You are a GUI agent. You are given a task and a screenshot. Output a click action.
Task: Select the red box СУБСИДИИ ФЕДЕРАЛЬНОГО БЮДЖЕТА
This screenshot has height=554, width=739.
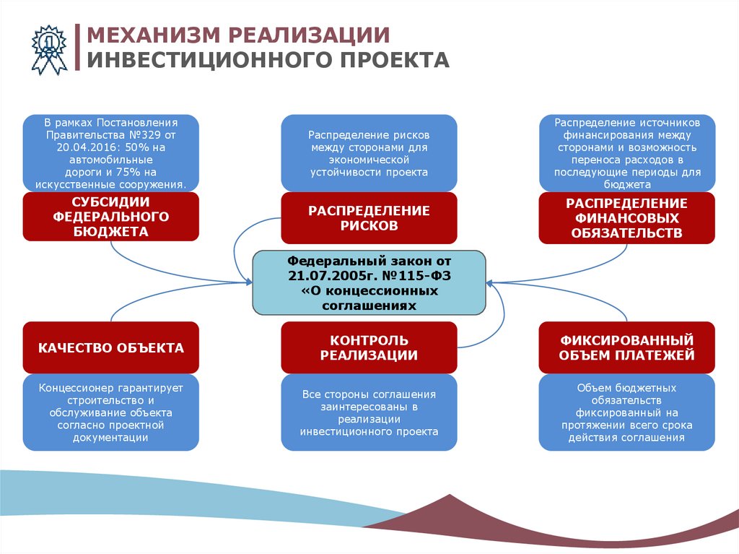(x=110, y=216)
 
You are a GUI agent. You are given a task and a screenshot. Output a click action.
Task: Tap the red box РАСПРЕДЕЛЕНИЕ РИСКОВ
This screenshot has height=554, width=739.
(x=369, y=217)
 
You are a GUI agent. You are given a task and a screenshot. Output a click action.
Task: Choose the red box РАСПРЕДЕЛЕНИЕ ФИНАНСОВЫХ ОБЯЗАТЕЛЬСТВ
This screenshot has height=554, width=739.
(x=626, y=217)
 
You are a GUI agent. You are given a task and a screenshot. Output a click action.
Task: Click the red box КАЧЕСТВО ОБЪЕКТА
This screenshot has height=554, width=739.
(x=110, y=348)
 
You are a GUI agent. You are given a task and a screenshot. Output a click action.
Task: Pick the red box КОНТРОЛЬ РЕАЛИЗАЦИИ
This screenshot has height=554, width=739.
(x=369, y=347)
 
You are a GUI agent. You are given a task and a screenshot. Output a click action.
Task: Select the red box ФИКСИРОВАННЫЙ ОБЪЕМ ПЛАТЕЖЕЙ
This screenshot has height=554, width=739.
(x=626, y=347)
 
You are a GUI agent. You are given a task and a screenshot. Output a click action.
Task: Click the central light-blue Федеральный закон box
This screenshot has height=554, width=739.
(x=369, y=282)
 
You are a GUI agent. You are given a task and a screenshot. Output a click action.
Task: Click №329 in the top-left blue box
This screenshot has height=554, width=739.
(x=147, y=134)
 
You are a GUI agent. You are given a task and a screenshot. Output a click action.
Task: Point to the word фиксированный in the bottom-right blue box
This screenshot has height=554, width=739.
(x=626, y=412)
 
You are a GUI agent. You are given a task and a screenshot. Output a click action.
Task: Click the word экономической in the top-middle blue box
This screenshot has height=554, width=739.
(x=369, y=160)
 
